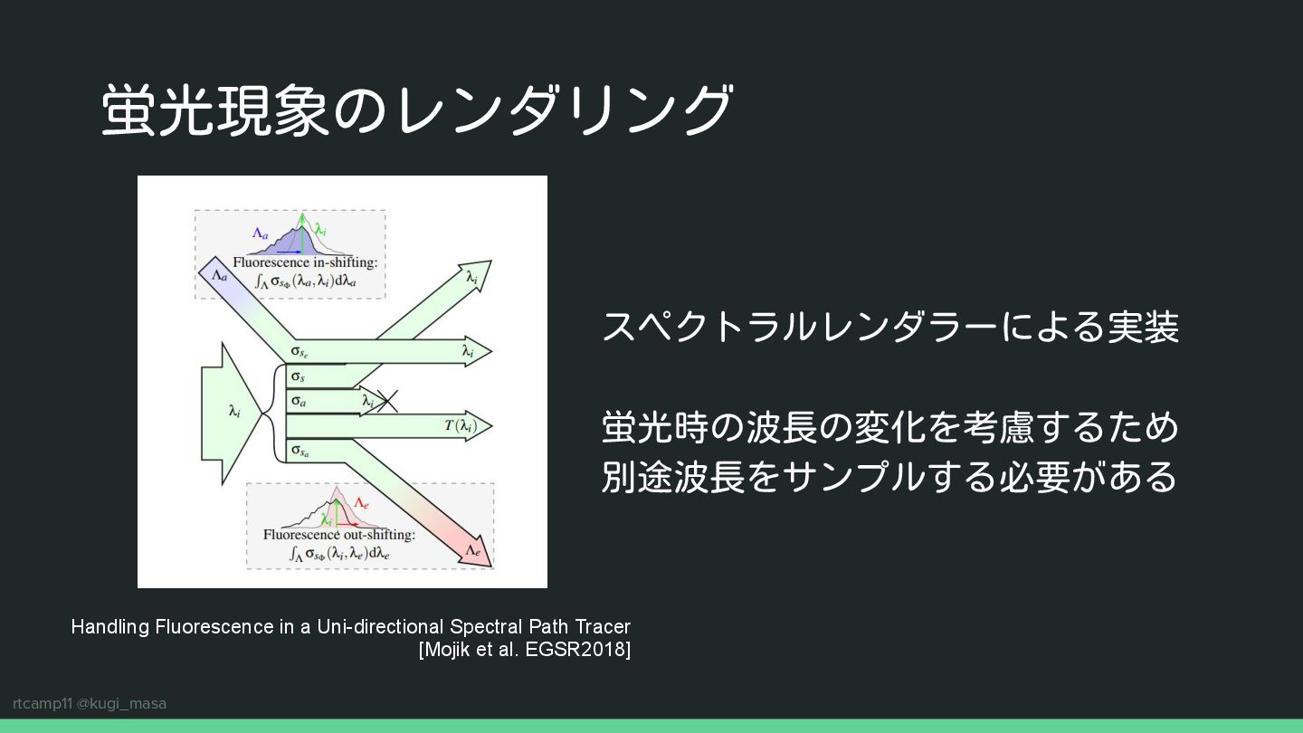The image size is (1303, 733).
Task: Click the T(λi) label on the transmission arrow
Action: point(459,425)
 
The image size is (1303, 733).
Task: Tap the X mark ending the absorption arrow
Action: point(387,400)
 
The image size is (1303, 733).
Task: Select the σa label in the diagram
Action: point(297,399)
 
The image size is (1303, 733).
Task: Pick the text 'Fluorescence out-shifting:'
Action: point(339,534)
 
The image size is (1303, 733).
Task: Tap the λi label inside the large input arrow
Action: point(234,413)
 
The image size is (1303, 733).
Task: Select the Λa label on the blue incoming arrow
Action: point(218,272)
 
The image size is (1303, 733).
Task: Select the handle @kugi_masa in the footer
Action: point(121,703)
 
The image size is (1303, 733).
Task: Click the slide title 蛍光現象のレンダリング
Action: point(416,110)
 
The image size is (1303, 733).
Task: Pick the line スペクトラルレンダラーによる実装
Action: point(890,327)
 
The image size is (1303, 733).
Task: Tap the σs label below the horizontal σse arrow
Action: point(297,376)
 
